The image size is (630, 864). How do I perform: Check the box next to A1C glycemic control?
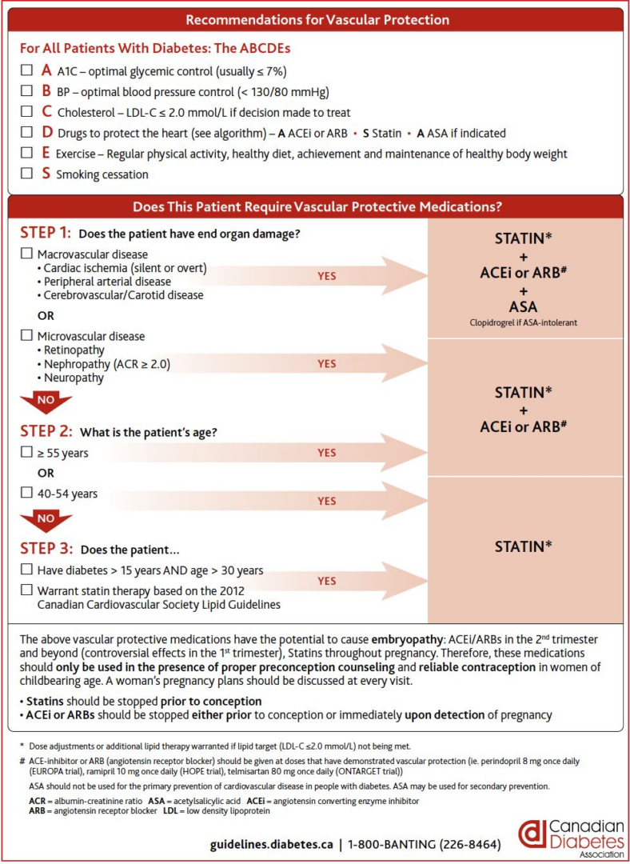click(x=27, y=70)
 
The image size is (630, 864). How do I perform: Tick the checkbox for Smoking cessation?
click(x=27, y=174)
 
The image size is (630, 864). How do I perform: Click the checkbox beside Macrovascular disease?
click(x=26, y=254)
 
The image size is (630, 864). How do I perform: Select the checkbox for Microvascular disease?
click(x=26, y=337)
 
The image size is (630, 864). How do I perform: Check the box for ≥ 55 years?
click(x=26, y=453)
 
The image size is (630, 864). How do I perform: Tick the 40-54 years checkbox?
click(x=26, y=494)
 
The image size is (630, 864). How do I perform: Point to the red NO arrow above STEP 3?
click(x=46, y=520)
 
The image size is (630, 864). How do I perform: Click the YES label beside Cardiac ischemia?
click(x=326, y=276)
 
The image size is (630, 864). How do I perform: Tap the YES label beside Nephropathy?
click(x=326, y=364)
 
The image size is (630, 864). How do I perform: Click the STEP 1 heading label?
click(x=45, y=233)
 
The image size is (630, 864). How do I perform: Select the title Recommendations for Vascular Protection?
click(x=317, y=20)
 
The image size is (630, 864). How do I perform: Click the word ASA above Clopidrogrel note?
click(x=524, y=306)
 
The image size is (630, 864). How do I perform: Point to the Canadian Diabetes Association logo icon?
click(x=531, y=833)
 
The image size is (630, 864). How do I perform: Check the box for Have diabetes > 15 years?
click(x=26, y=570)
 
